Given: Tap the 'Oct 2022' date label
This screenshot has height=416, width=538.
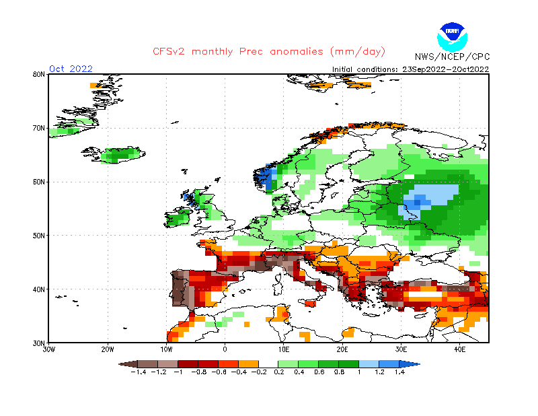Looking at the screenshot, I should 71,69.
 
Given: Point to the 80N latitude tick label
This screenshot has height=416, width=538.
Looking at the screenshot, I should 39,74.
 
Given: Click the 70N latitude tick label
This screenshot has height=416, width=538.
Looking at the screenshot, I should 39,128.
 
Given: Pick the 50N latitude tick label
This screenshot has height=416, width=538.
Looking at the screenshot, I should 39,236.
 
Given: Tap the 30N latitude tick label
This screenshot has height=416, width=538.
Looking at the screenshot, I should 39,343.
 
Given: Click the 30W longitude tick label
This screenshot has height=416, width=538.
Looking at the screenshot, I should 49,349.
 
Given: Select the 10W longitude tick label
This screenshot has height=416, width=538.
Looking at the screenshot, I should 166,349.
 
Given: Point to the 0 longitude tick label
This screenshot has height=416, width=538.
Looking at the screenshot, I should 225,349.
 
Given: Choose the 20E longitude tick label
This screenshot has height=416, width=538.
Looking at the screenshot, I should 342,349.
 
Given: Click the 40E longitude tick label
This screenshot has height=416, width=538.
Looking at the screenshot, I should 460,349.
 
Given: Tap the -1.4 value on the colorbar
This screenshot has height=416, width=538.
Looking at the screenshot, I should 139,371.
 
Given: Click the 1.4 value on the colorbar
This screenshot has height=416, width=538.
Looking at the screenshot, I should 399,371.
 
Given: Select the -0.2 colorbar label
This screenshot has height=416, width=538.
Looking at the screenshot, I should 259,371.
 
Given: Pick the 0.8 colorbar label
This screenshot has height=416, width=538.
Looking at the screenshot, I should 339,371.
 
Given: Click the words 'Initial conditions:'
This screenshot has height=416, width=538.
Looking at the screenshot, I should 366,69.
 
